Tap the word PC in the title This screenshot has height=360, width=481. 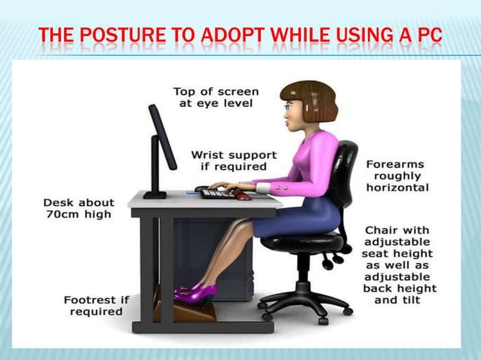(x=427, y=35)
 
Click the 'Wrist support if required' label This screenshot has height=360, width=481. (x=234, y=160)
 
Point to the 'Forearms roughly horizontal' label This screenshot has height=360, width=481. (x=397, y=175)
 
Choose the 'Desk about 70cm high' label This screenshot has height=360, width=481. (x=78, y=208)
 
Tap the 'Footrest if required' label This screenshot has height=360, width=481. (x=96, y=305)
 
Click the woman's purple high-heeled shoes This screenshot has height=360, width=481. (x=194, y=290)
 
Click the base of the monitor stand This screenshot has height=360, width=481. (x=155, y=196)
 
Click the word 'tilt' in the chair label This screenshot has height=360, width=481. (x=411, y=300)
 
